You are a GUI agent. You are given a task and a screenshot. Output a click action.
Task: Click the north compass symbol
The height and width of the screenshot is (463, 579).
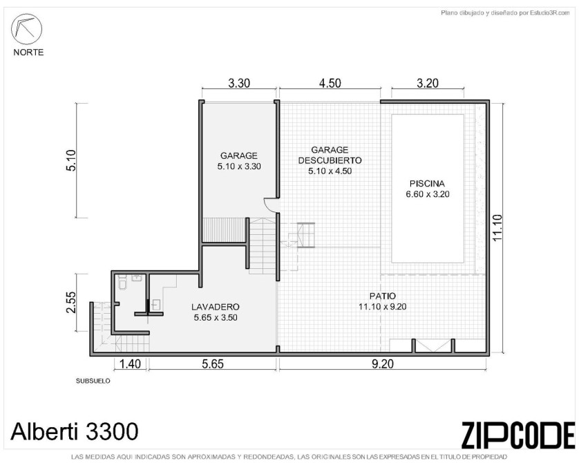26,29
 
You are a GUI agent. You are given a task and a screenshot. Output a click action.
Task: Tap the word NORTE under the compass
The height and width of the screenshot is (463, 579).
28,53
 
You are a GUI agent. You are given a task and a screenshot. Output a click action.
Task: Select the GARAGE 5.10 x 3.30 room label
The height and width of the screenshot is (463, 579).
239,161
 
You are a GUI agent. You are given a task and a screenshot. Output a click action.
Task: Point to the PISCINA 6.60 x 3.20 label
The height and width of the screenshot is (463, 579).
428,189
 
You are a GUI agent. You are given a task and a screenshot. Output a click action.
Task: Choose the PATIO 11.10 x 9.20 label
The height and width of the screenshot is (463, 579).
383,301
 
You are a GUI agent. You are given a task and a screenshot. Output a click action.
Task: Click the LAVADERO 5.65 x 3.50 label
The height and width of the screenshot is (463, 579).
216,312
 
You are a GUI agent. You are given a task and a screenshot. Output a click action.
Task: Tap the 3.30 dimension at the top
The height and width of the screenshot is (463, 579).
239,83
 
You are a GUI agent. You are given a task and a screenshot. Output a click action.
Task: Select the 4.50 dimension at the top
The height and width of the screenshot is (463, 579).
330,83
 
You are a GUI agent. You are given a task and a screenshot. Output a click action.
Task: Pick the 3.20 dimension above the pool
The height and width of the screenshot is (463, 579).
428,83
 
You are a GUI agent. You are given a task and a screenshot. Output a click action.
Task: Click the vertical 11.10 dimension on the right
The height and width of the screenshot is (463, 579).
497,228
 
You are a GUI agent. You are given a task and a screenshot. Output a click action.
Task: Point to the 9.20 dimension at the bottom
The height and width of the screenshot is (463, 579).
383,364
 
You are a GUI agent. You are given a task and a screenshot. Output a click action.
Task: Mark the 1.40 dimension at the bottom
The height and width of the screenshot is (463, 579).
131,364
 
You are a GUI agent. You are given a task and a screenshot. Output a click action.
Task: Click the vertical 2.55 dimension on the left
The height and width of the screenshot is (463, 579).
70,303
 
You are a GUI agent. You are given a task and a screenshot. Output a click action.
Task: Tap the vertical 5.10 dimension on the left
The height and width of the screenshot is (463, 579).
70,160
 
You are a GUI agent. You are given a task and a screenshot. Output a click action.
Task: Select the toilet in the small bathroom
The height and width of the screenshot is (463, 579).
123,283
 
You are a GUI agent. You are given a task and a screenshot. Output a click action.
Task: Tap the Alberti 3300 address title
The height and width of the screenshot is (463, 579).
75,431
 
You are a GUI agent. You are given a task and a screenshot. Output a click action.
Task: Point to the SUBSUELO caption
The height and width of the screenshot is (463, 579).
93,381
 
